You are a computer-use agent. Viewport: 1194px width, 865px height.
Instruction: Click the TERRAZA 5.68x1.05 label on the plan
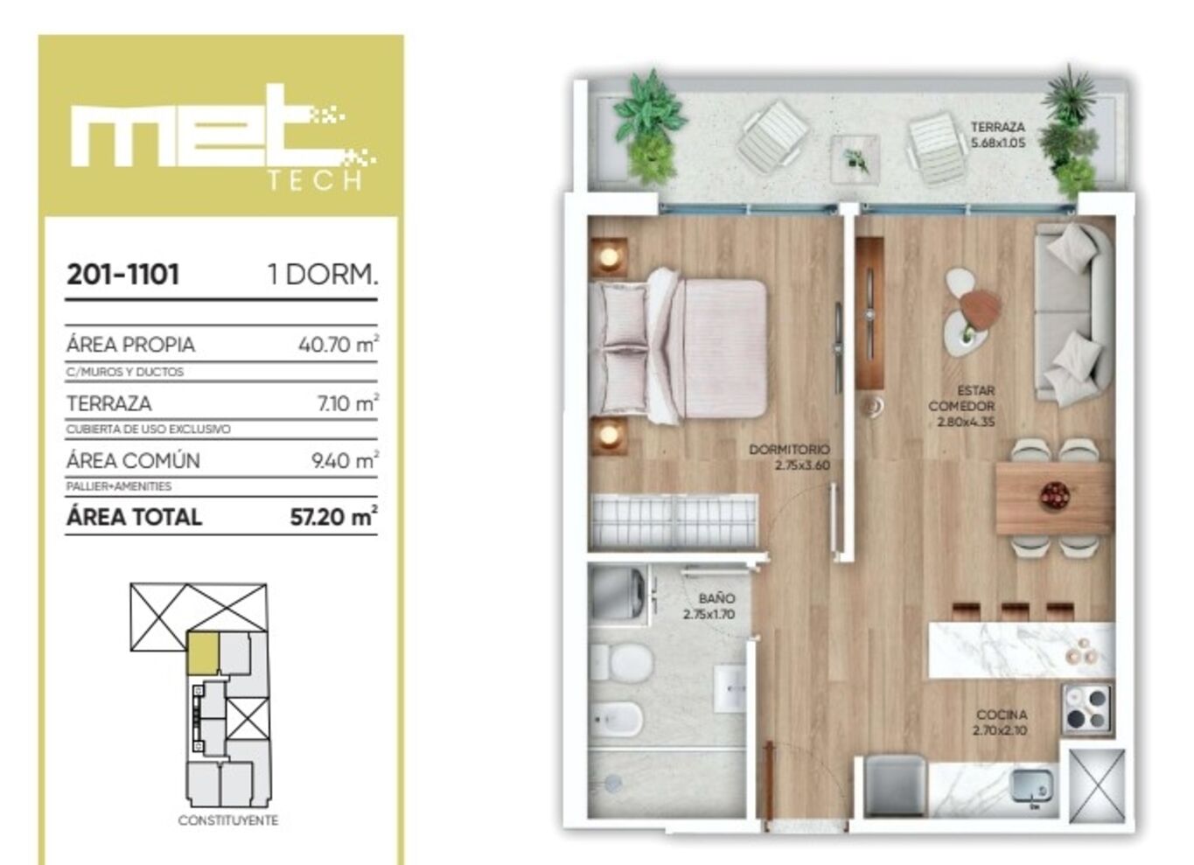(x=998, y=135)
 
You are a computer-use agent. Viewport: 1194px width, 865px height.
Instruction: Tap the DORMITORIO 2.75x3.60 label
(x=789, y=457)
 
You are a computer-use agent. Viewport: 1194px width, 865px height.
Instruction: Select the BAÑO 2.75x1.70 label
(x=709, y=606)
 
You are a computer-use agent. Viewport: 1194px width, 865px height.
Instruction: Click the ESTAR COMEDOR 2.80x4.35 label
(x=961, y=406)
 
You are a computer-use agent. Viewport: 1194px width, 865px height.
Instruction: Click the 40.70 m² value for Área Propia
(x=339, y=344)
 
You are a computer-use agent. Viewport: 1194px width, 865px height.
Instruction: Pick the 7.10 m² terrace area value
(x=348, y=402)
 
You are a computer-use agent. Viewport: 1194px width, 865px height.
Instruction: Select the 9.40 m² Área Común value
(x=345, y=460)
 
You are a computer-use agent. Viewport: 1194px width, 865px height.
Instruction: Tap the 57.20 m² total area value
(x=334, y=516)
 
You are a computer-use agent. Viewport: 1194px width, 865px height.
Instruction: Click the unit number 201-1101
(x=123, y=275)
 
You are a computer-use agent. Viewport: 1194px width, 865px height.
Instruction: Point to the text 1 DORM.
(x=323, y=275)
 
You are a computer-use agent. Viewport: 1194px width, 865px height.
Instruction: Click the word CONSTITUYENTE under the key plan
(x=228, y=820)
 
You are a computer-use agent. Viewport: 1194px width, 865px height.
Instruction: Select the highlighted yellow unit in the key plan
(x=202, y=653)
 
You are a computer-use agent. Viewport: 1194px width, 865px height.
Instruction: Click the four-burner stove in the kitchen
(x=1087, y=709)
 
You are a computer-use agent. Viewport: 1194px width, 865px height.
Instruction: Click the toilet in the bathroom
(x=622, y=662)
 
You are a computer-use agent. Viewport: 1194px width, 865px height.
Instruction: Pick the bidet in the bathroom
(x=616, y=718)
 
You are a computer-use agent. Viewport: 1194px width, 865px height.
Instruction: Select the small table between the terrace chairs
(x=855, y=158)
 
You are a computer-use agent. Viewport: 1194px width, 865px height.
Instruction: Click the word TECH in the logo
(x=315, y=181)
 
